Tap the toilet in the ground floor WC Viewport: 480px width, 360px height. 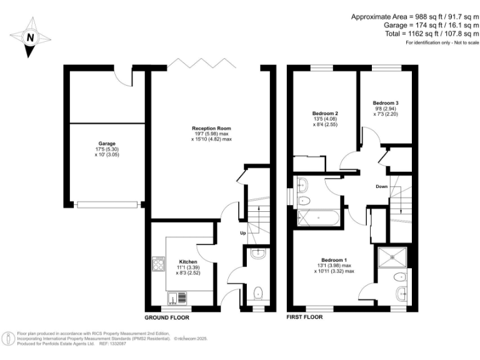pyautogui.click(x=257, y=292)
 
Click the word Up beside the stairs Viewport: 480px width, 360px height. pyautogui.click(x=244, y=233)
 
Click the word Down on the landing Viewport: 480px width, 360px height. pyautogui.click(x=382, y=187)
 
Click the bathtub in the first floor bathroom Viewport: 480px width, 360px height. pyautogui.click(x=319, y=217)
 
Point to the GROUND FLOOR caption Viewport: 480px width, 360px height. pyautogui.click(x=167, y=317)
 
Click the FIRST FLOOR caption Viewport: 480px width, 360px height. pyautogui.click(x=304, y=317)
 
